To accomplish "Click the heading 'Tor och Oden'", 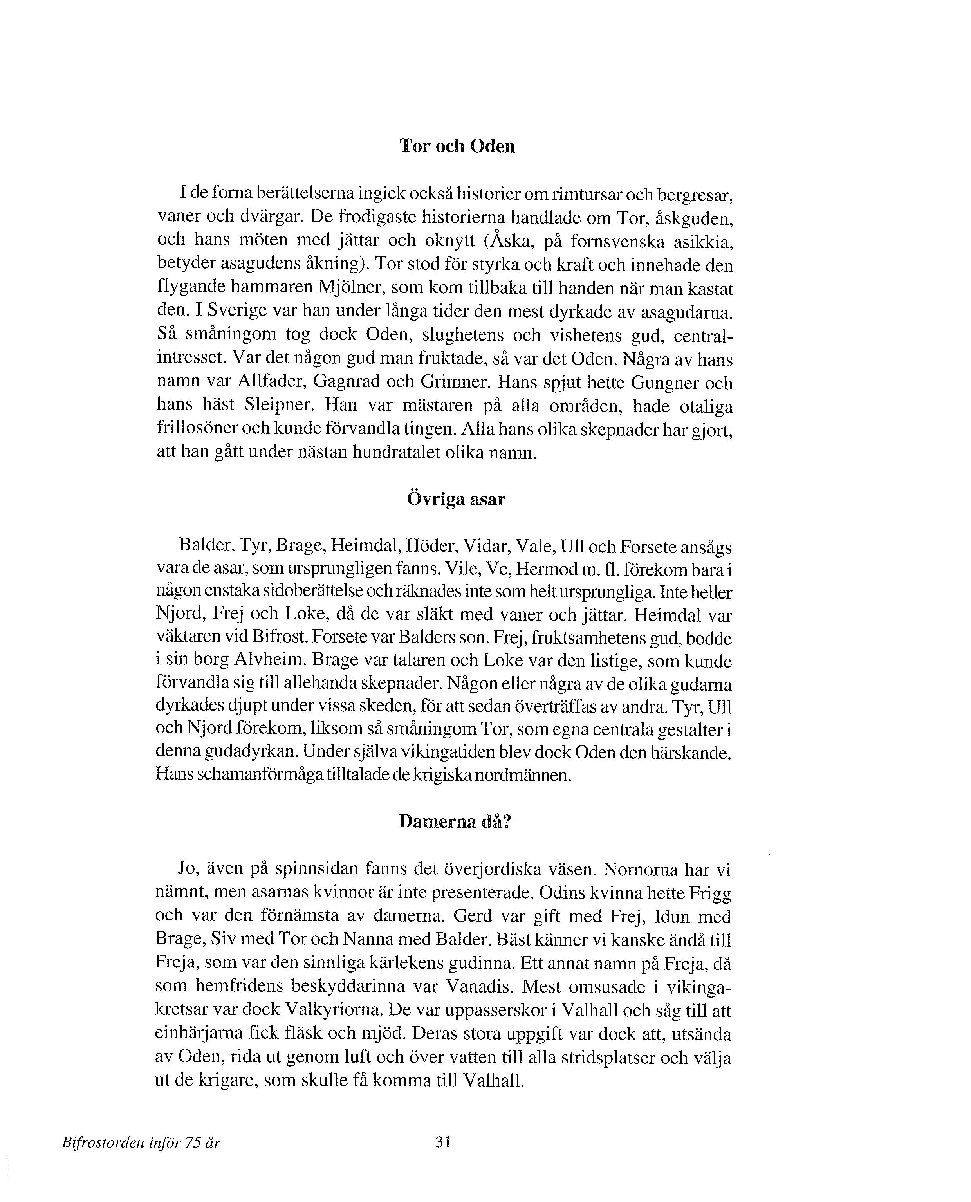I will coord(457,146).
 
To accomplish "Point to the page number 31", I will coord(443,1142).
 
